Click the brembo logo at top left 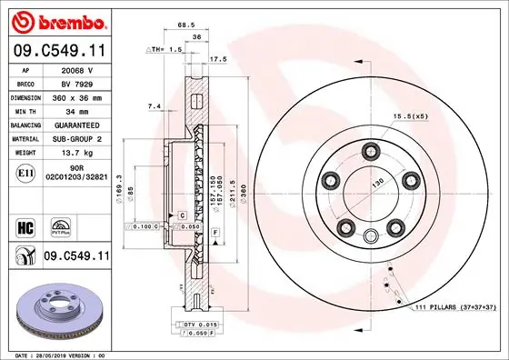pyautogui.click(x=55, y=19)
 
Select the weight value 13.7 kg pyautogui.click(x=76, y=154)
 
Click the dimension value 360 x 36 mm pyautogui.click(x=76, y=95)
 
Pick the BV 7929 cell pyautogui.click(x=76, y=82)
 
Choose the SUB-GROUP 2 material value pyautogui.click(x=76, y=139)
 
